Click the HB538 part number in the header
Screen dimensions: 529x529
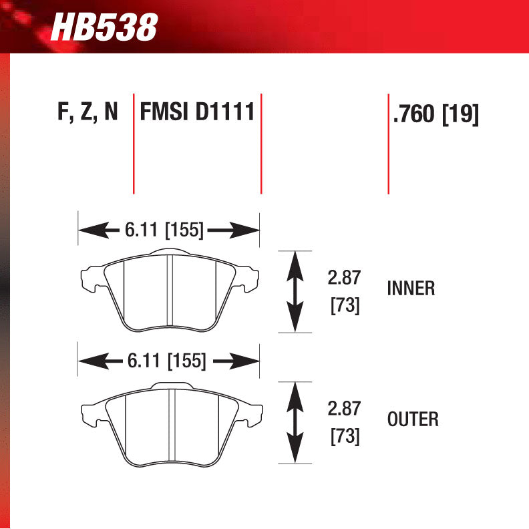click(104, 27)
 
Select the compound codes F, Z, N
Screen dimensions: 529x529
click(87, 112)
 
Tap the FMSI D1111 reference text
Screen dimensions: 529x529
click(197, 112)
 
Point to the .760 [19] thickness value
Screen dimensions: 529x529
click(436, 114)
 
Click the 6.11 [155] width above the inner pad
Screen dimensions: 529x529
click(164, 230)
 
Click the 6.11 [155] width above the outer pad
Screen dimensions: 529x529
click(167, 361)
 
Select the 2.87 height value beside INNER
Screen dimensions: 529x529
click(344, 277)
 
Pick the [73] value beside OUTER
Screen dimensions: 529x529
click(345, 436)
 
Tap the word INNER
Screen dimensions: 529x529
click(411, 289)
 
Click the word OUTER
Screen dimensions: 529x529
click(413, 419)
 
